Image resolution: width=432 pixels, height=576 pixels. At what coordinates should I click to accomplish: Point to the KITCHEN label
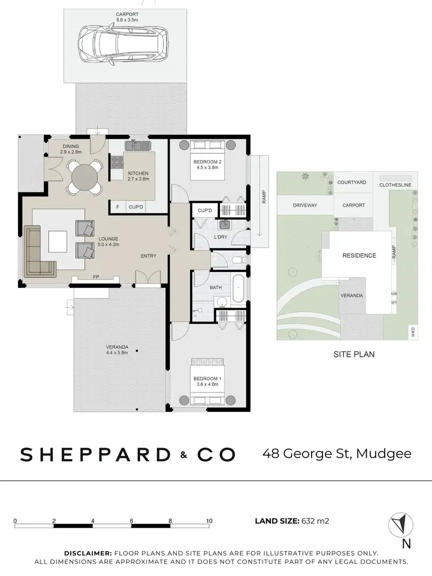tap(138, 173)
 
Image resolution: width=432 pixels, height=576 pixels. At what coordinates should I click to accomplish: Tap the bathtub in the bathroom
tap(238, 289)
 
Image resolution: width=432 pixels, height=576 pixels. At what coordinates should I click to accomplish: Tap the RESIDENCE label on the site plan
tap(359, 256)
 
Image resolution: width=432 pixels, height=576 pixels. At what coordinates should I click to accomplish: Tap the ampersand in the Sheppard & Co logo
tap(183, 455)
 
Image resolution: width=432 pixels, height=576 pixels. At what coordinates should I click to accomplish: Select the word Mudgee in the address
tap(384, 453)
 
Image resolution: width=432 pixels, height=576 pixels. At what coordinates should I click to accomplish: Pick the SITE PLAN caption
tap(354, 354)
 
